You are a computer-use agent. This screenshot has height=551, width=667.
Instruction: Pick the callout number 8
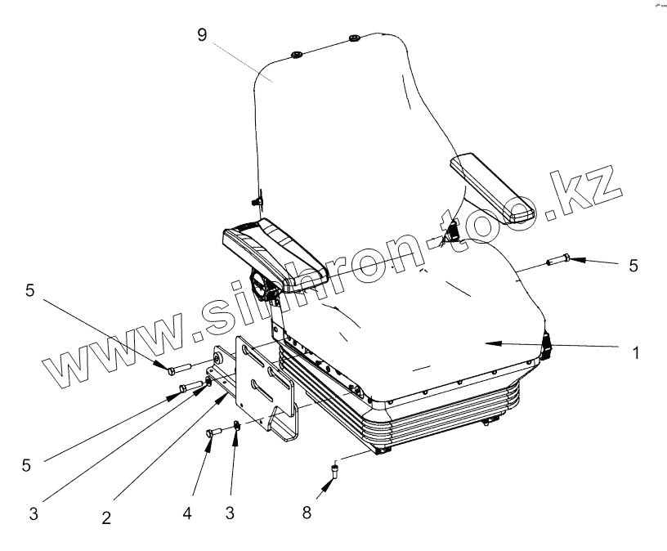[x=306, y=512]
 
